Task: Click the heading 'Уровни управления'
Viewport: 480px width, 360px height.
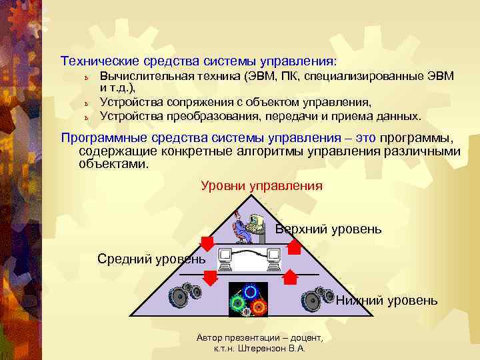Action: click(x=261, y=186)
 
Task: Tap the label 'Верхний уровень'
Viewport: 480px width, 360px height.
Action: click(x=329, y=229)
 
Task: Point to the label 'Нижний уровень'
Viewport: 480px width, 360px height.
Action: click(x=387, y=301)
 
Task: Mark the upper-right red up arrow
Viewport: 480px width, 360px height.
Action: click(x=293, y=246)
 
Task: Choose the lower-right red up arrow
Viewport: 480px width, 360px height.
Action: click(x=291, y=277)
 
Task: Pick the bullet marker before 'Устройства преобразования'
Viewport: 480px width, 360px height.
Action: click(x=86, y=117)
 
